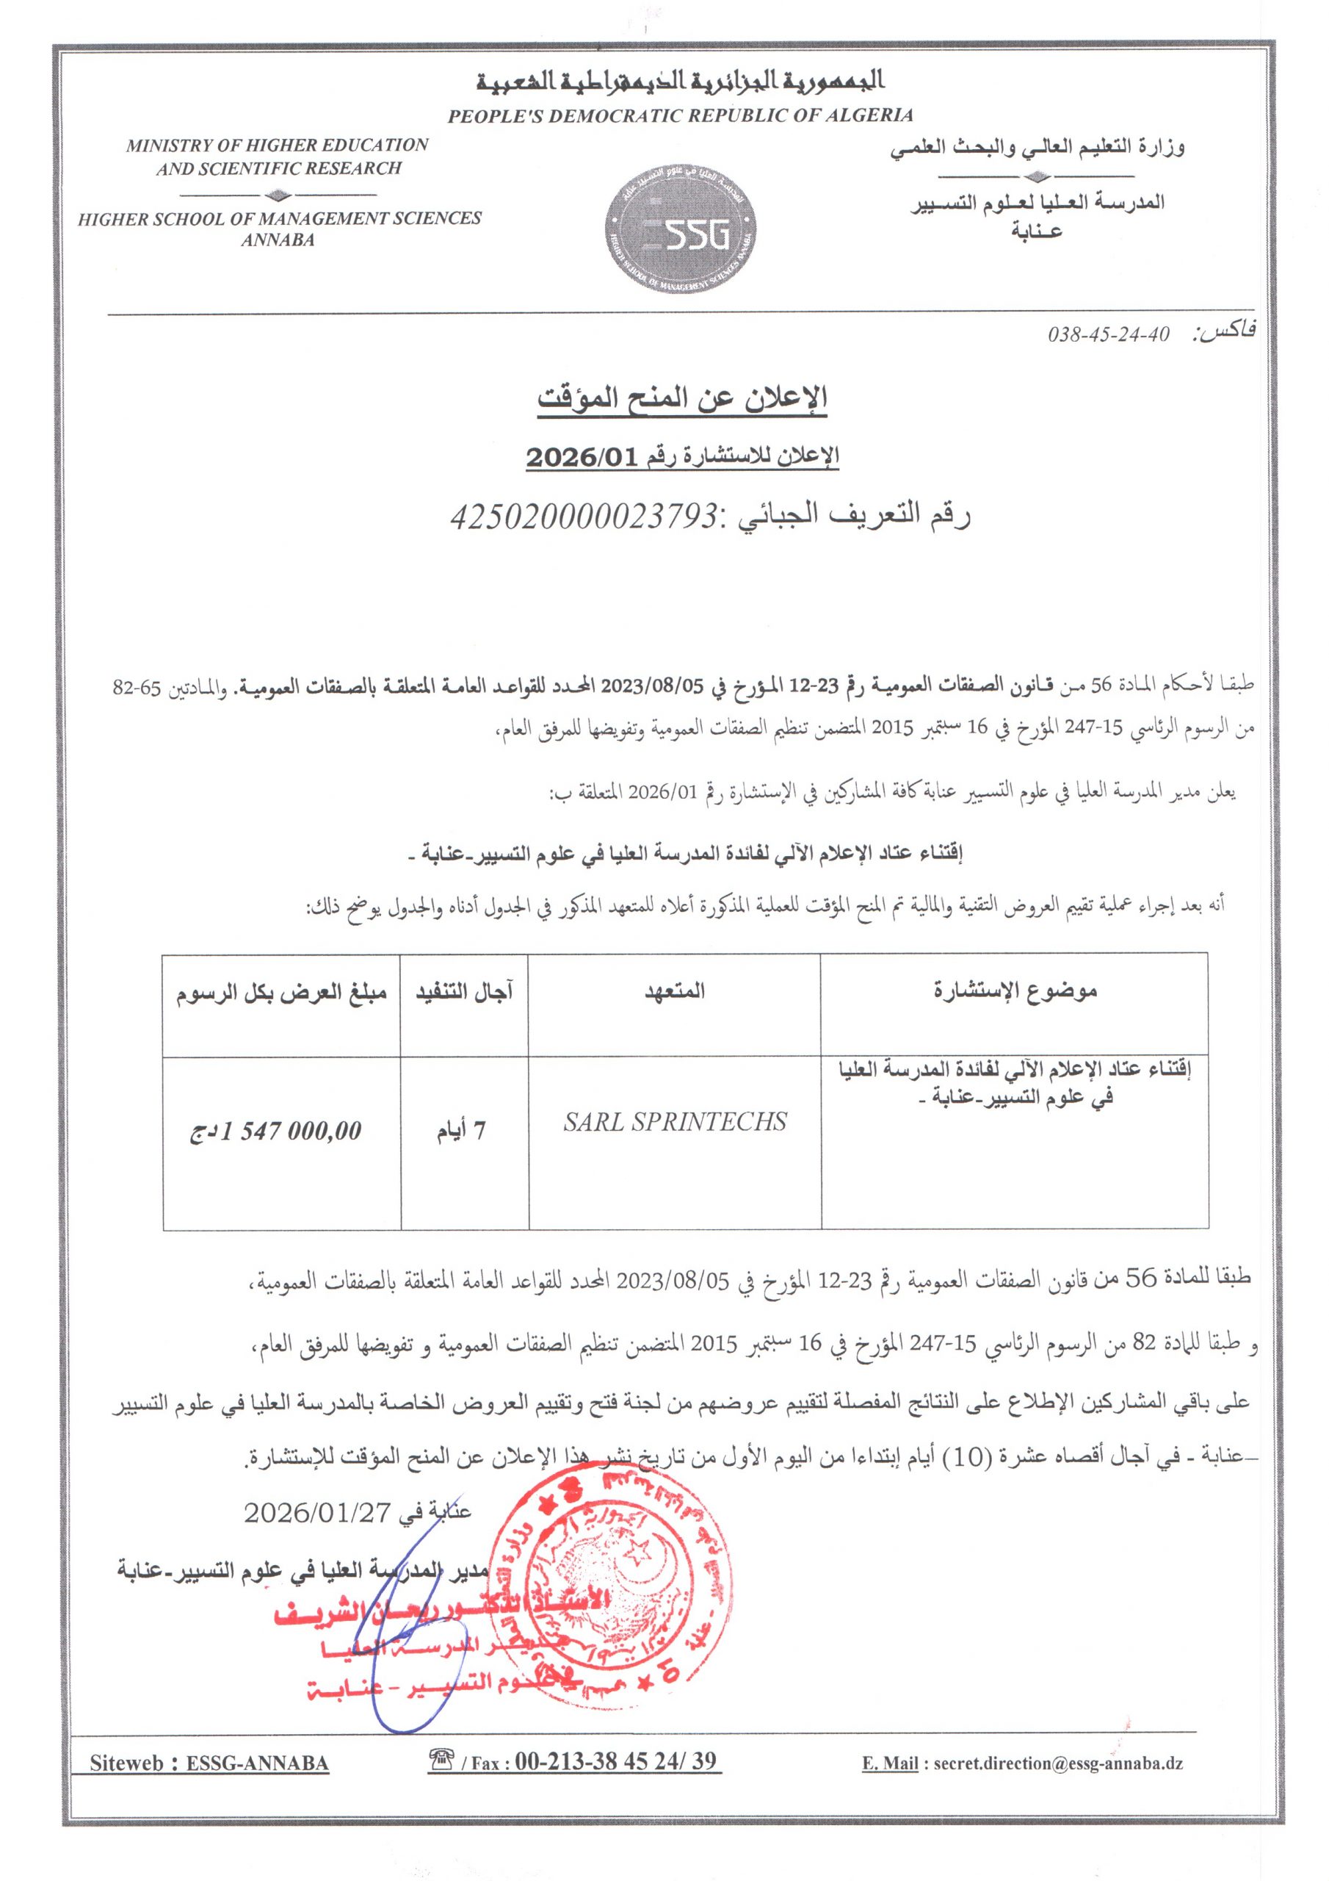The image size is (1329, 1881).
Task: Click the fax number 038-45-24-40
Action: tap(1109, 335)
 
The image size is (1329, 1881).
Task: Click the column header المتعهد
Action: tap(675, 991)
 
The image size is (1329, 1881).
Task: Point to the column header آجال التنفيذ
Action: tap(464, 992)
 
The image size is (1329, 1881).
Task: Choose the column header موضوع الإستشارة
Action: tap(1015, 991)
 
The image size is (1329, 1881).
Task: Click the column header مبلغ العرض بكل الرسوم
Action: tap(282, 992)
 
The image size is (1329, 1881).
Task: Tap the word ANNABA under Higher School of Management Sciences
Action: tap(278, 241)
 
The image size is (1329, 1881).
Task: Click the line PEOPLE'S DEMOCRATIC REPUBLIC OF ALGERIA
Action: tap(680, 115)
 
